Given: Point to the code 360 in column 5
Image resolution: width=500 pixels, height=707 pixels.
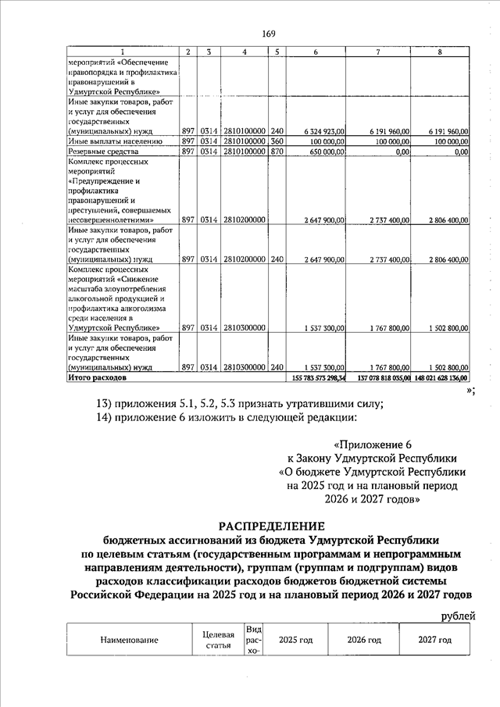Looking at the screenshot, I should pyautogui.click(x=277, y=141).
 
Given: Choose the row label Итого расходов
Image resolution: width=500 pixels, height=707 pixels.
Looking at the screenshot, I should pyautogui.click(x=97, y=377).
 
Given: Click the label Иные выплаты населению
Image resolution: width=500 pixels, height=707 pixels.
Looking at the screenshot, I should pyautogui.click(x=115, y=141).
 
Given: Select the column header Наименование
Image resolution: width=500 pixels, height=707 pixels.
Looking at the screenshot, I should pyautogui.click(x=130, y=640).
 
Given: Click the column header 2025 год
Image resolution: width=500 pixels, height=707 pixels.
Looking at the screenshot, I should pyautogui.click(x=296, y=640).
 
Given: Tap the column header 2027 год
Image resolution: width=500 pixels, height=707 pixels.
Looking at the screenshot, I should pyautogui.click(x=435, y=640).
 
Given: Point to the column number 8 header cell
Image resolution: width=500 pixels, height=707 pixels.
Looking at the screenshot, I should pyautogui.click(x=438, y=52).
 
